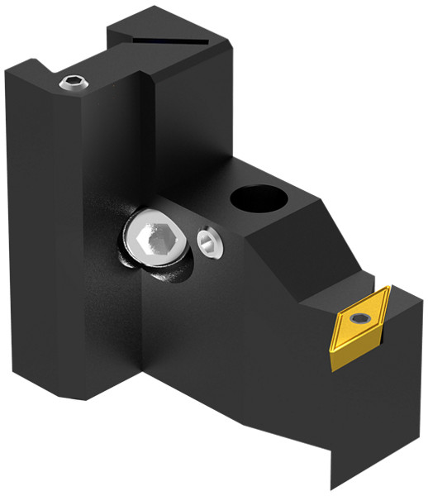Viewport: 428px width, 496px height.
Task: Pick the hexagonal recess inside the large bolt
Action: coord(155,240)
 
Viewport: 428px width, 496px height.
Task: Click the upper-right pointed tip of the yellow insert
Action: coord(389,289)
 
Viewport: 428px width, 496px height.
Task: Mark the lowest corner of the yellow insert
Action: coord(334,367)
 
